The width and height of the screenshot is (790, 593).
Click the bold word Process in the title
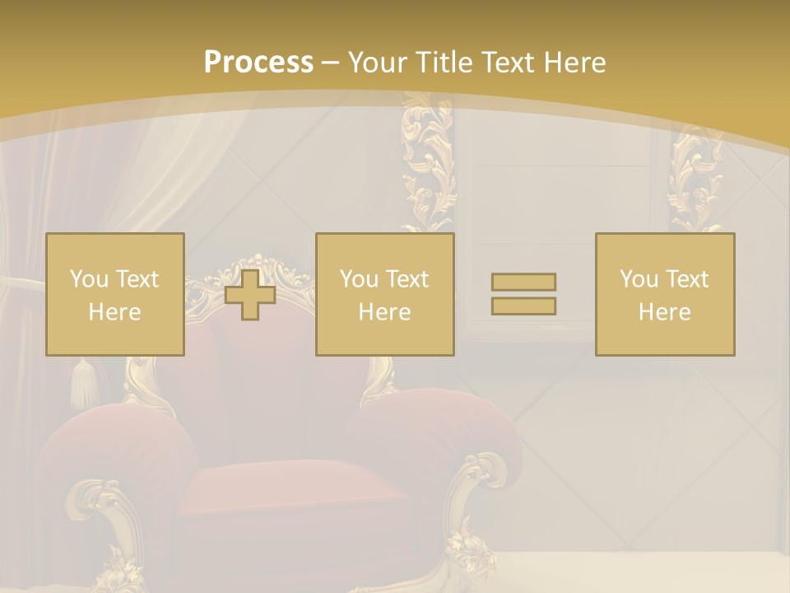point(258,63)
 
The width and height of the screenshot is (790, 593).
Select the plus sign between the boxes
point(250,294)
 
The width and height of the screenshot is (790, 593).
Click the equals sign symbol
point(523,294)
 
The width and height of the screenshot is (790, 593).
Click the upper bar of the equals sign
point(523,282)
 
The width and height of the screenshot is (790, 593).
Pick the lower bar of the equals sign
point(523,306)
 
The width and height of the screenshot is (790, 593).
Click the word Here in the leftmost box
point(114,312)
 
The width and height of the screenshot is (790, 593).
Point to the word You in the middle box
point(359,279)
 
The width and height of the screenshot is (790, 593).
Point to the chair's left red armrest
point(115,445)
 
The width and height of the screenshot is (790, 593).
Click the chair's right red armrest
point(436,428)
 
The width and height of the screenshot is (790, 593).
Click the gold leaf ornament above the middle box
point(428,165)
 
